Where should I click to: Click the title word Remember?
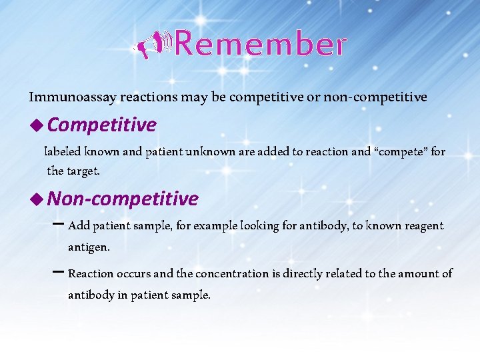(x=261, y=45)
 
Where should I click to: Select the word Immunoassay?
(x=72, y=97)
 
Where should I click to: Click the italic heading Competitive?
(x=102, y=125)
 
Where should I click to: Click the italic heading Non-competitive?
(x=123, y=199)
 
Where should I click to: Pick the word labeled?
(x=63, y=151)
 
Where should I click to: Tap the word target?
(x=83, y=171)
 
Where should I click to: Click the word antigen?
(x=88, y=247)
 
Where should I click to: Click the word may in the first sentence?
(x=195, y=97)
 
